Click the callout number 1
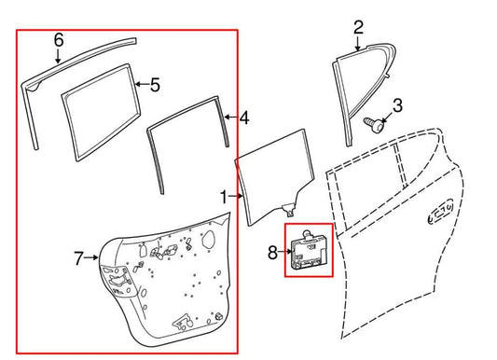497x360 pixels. coord(223,198)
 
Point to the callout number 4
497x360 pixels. coord(243,118)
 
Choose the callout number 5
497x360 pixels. coord(154,86)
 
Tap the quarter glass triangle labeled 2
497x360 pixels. coord(353,89)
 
